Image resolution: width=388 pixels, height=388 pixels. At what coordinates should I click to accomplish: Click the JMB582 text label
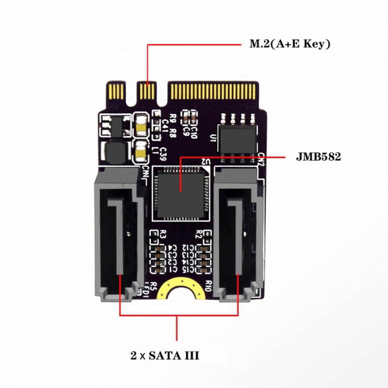pos(318,157)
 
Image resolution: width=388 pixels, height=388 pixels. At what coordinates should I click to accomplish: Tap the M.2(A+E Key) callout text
pos(290,44)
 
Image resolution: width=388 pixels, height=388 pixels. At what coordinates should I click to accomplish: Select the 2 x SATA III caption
pos(165,355)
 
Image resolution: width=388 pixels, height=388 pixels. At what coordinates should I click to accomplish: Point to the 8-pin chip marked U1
pos(237,138)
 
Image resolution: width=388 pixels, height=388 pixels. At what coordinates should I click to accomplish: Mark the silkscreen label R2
pos(199,234)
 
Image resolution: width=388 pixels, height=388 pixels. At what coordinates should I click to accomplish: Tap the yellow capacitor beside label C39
pos(140,152)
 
